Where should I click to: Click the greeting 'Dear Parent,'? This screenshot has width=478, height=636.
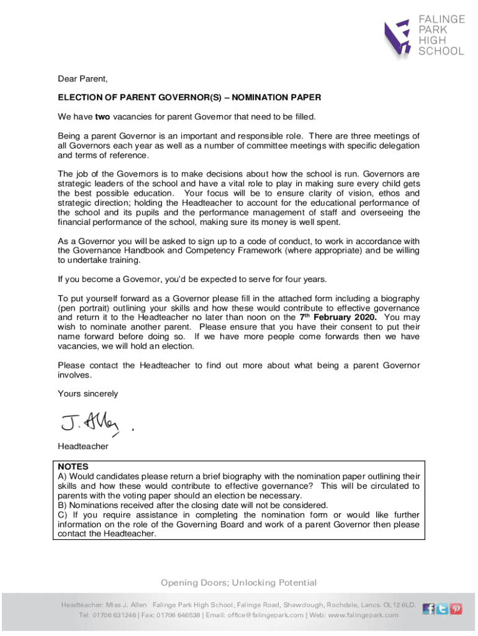(83, 79)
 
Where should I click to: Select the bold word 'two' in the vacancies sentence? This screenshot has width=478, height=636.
(102, 117)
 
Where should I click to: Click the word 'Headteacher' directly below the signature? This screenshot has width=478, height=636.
(83, 446)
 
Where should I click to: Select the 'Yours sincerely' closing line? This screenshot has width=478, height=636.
(88, 394)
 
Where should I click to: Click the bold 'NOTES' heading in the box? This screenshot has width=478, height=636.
(73, 466)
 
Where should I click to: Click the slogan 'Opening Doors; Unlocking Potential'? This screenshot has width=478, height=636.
(239, 583)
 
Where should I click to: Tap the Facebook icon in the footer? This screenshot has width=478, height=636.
(428, 609)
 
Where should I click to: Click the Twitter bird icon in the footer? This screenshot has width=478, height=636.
(442, 609)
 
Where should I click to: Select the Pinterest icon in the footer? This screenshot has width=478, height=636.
(456, 609)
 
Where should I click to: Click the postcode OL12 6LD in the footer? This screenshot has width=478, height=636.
(400, 604)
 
